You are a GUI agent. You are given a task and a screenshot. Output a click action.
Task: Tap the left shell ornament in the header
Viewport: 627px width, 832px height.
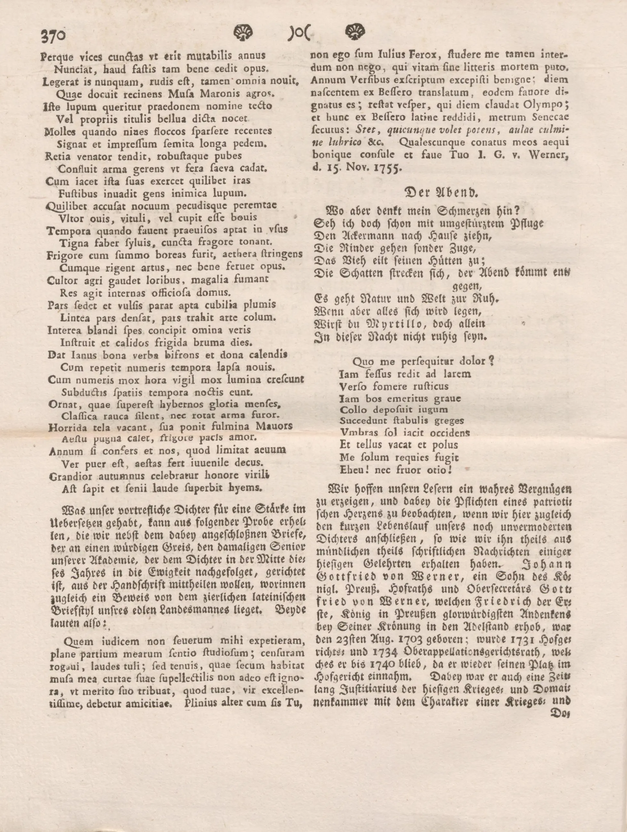pos(243,33)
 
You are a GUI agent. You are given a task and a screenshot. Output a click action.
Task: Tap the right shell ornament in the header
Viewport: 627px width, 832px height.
pos(354,32)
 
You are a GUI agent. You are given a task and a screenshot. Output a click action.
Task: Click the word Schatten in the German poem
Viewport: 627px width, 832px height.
pos(360,273)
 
